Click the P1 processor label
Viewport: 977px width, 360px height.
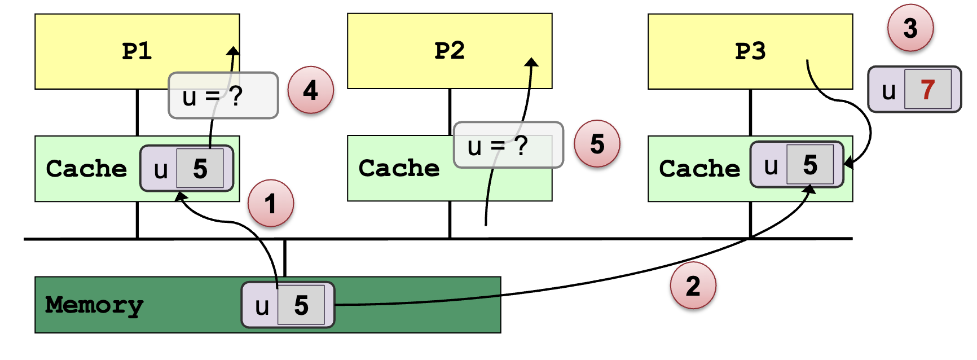point(137,51)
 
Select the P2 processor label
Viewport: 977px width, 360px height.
point(450,51)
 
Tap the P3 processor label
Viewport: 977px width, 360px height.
point(750,51)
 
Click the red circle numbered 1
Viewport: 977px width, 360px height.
point(271,203)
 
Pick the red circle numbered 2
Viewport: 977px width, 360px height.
point(693,286)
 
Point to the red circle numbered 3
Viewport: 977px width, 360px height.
point(910,28)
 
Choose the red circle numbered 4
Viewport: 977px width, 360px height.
point(310,90)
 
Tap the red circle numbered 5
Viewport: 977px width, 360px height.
point(597,144)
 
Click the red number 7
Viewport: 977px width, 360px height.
point(927,89)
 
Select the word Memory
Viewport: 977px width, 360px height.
point(94,305)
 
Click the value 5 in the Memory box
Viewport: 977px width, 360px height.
point(301,305)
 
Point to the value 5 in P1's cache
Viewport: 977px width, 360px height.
point(200,169)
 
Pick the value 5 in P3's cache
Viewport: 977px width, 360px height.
point(810,165)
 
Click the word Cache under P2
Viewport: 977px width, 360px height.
point(399,168)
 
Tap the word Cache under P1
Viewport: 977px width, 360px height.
point(86,169)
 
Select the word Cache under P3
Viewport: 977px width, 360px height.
point(699,169)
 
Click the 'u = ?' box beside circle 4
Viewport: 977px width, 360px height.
point(223,95)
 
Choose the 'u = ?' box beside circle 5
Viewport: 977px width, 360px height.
point(508,145)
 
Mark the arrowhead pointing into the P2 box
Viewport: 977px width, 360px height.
point(531,62)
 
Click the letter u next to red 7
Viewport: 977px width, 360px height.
point(888,90)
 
